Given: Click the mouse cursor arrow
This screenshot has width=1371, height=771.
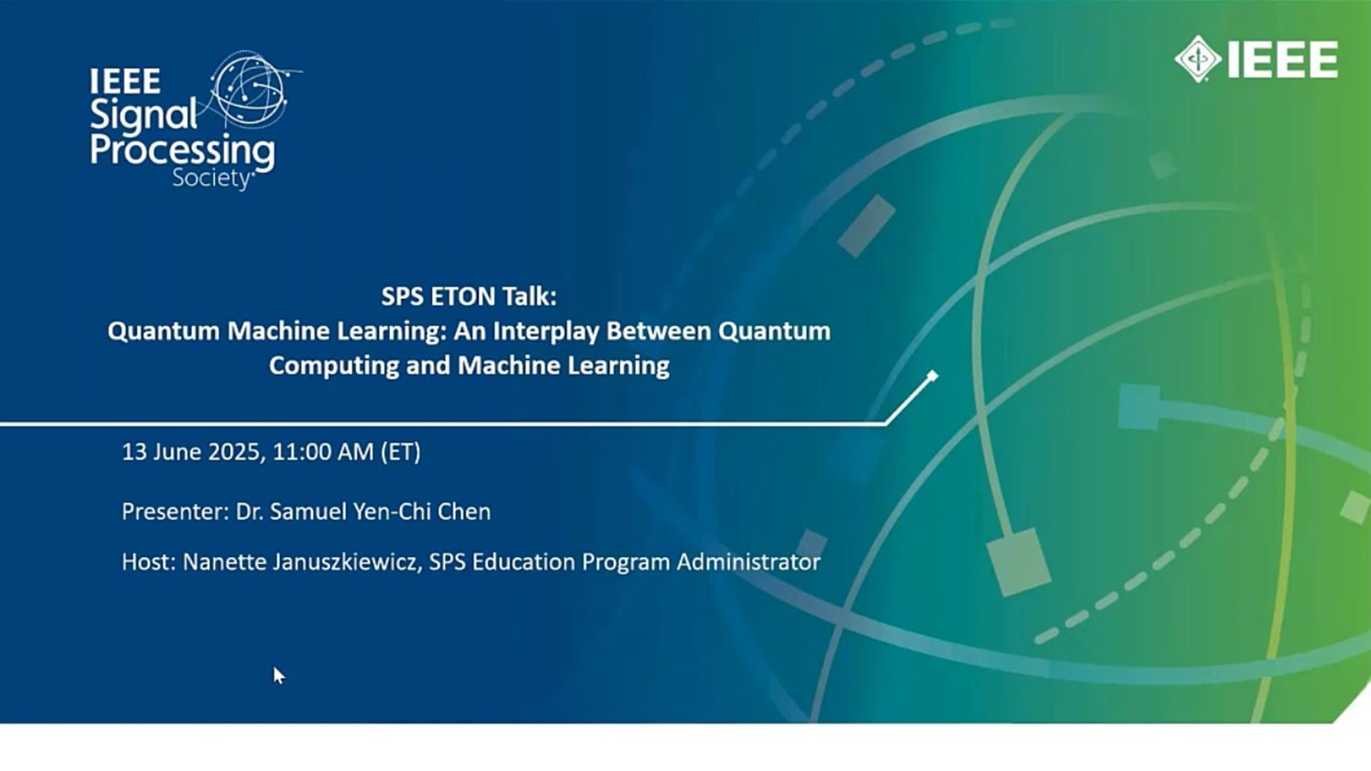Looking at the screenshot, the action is click(x=278, y=675).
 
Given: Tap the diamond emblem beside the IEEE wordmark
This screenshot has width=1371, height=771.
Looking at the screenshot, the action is click(x=1197, y=59).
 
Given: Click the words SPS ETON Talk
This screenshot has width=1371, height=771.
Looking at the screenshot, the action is click(x=468, y=296).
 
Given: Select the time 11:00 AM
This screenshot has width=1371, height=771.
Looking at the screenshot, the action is click(x=323, y=452).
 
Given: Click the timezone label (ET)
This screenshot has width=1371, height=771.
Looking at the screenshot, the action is click(x=401, y=452).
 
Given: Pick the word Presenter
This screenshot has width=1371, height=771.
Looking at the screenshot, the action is click(x=175, y=512).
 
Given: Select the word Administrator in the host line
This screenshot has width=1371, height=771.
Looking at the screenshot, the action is click(x=749, y=562).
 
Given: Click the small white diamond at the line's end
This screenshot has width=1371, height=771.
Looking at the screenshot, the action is click(x=932, y=376).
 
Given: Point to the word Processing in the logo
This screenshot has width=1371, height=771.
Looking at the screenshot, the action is click(x=182, y=152).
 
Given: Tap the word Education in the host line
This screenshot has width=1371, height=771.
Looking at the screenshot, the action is click(x=523, y=562).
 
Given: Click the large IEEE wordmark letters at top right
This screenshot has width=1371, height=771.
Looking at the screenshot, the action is click(x=1282, y=59).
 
